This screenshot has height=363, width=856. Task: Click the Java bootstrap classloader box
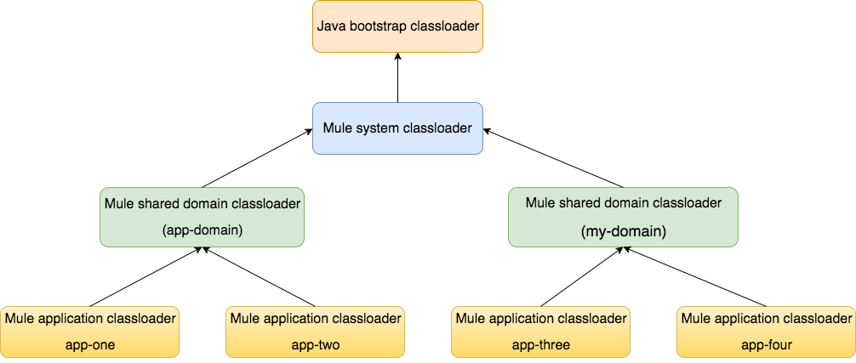point(397,26)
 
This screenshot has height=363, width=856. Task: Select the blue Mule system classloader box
point(397,128)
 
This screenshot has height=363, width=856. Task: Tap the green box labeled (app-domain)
point(202,217)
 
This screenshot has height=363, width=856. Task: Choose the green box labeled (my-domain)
point(623,217)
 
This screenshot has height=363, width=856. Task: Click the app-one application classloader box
point(90,332)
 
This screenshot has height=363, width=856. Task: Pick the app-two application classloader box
point(315,332)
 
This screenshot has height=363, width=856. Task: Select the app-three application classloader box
point(541,332)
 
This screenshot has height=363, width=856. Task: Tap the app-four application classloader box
point(766,332)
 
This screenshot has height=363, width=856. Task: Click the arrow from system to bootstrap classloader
point(397,78)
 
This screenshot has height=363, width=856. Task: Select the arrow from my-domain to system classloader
point(554,158)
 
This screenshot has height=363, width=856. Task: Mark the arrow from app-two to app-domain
point(259,276)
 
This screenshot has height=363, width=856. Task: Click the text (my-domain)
point(623,230)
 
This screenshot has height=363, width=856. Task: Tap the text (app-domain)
point(202,230)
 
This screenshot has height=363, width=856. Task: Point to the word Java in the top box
point(329,26)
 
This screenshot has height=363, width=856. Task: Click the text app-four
point(766,344)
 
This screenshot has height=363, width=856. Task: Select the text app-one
point(90,345)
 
